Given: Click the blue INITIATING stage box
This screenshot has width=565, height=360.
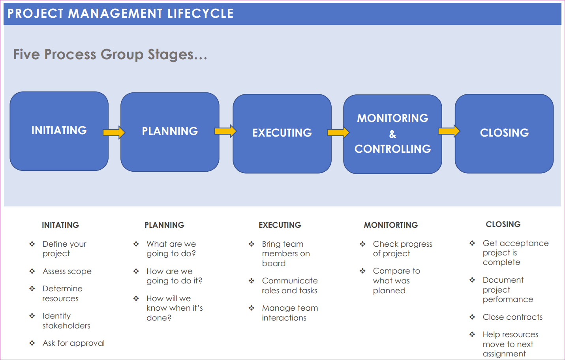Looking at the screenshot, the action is tap(59, 131).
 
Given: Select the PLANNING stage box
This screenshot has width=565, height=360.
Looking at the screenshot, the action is tap(170, 132).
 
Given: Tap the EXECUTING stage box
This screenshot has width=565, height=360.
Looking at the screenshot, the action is tap(282, 133).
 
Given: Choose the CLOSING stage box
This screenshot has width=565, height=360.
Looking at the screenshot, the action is tap(504, 133).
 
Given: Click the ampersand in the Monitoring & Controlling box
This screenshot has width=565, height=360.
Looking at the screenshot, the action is tap(392, 134).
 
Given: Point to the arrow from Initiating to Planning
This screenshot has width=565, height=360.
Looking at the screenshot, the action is tap(114, 132).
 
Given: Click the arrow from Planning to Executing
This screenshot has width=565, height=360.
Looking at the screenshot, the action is tap(225, 131).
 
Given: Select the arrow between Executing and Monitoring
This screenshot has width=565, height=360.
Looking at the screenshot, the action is tap(338, 132).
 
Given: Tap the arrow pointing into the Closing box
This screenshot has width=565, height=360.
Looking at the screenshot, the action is tap(449, 131).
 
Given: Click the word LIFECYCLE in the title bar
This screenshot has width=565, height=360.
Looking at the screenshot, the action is tap(201, 13).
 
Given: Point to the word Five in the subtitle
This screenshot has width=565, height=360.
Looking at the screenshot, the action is tap(26, 54).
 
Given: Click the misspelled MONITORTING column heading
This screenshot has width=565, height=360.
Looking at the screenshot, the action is tap(391, 225).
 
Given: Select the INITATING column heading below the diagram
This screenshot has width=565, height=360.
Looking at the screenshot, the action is tap(60, 225).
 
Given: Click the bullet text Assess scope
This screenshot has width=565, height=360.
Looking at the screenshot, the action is tap(67, 271).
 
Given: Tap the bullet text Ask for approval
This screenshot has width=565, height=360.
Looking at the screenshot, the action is tap(73, 343).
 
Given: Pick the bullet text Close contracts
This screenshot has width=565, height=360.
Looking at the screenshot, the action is tap(512, 317).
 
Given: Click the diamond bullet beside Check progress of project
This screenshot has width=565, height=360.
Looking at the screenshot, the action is tap(363, 244).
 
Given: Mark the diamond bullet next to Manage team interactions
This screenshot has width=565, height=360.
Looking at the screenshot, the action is tap(252, 308).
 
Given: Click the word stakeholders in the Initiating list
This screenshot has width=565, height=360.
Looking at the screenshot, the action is tap(66, 326).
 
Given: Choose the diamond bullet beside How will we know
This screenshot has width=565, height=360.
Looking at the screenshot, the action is tap(136, 298).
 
